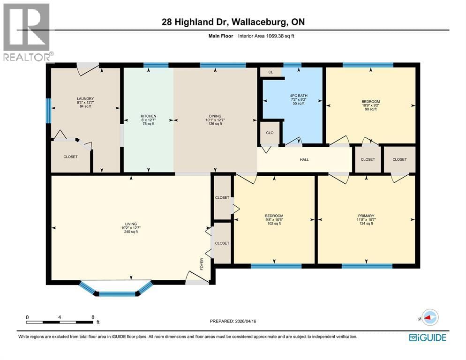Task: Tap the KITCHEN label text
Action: (148, 116)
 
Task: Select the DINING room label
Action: (215, 116)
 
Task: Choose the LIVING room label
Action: (131, 224)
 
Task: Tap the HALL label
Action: (304, 159)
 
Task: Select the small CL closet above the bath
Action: (271, 72)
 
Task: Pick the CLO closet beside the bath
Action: (270, 133)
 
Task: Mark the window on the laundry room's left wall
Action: (48, 111)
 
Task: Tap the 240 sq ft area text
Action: (131, 232)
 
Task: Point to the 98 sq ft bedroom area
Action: (370, 109)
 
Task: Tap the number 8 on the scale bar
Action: (93, 317)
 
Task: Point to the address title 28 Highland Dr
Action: (233, 22)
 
